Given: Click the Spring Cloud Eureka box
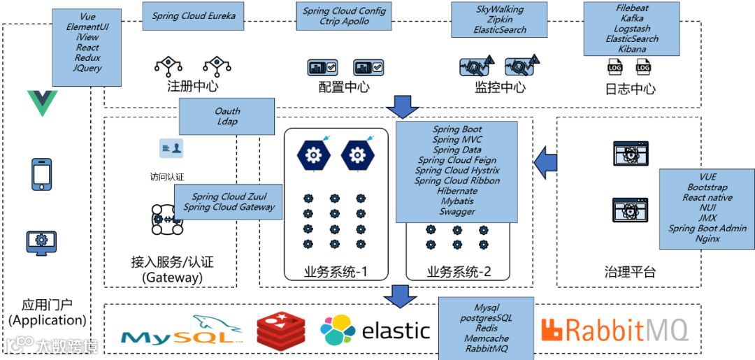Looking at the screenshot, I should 194,15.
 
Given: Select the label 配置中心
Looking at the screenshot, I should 344,88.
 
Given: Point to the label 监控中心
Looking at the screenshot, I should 500,88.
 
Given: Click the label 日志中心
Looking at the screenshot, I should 630,89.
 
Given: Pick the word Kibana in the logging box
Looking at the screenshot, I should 632,49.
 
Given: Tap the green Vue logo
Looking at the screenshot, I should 41,103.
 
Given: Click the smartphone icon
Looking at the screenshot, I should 41,173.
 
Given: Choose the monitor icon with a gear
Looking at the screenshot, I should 41,243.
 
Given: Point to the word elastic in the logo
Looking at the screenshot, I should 396,330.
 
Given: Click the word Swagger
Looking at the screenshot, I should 457,211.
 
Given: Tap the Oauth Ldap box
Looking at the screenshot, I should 227,116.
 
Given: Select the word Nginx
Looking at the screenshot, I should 707,238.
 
